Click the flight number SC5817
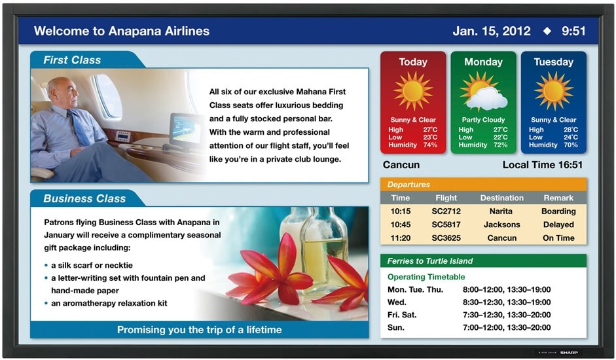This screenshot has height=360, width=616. point(446,225)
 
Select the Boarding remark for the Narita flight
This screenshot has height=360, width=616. point(558,211)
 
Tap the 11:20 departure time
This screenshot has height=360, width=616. point(401,238)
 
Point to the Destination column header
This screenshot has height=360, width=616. point(501,198)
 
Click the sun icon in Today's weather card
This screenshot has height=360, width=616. point(413,91)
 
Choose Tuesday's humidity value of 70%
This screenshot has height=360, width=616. point(570,145)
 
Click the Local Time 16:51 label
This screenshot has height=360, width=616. point(543,165)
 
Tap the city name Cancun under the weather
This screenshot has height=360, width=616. point(401,165)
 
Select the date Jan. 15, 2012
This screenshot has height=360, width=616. point(492,31)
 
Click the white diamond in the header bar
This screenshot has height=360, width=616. point(547,31)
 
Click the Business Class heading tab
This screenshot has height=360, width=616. point(84,198)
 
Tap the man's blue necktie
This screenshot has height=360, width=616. point(80,128)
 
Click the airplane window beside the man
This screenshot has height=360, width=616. point(107,96)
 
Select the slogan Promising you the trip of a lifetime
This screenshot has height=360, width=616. point(199,330)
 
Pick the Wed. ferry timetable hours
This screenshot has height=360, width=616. point(507,302)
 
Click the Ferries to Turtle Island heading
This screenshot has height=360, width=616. point(430,261)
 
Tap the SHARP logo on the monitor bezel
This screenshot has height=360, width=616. point(569,353)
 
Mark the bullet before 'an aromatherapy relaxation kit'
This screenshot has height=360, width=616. point(46,304)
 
